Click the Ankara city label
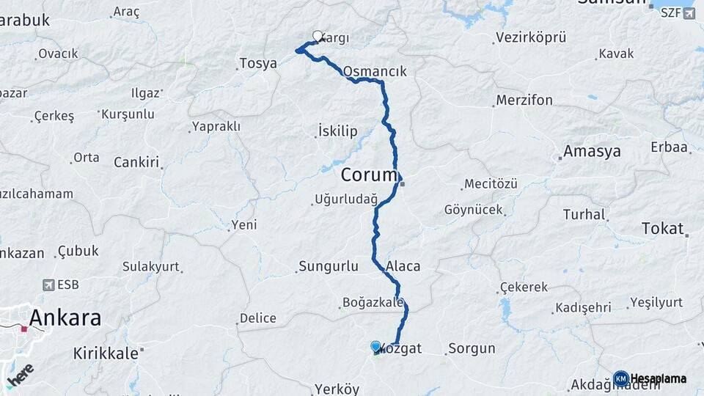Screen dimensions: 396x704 [65, 318]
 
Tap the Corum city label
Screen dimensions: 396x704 [370, 176]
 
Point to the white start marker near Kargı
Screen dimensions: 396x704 [318, 36]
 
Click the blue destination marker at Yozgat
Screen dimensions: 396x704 [376, 347]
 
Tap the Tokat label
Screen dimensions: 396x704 [662, 228]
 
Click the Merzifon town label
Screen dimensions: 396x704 [524, 100]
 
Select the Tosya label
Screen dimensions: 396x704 [258, 64]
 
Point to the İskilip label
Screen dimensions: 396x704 [338, 132]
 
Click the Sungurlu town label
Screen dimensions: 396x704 [329, 266]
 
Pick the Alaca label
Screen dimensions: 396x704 [403, 266]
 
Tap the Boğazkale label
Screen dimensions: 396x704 [373, 302]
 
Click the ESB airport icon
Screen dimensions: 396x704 [49, 285]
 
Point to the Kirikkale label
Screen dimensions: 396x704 [106, 353]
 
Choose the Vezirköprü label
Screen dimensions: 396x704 [532, 37]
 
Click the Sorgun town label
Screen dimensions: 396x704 [472, 348]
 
